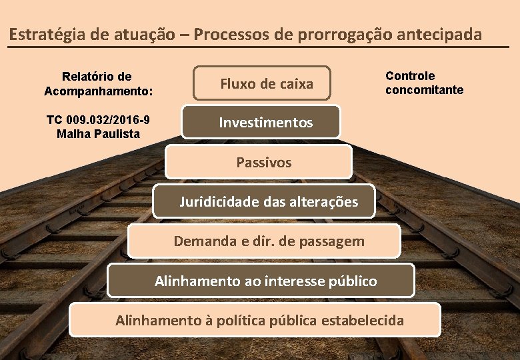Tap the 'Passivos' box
pyautogui.click(x=259, y=162)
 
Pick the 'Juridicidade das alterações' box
pyautogui.click(x=264, y=201)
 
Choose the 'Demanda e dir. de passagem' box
pyautogui.click(x=264, y=241)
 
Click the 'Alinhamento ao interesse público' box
pyautogui.click(x=261, y=281)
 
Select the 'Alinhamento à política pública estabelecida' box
pyautogui.click(x=255, y=320)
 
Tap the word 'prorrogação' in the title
pyautogui.click(x=333, y=34)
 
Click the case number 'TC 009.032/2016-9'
pyautogui.click(x=98, y=120)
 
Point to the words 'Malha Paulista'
pyautogui.click(x=98, y=133)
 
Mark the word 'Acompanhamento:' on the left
pyautogui.click(x=98, y=90)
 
